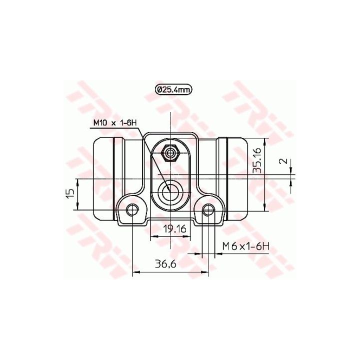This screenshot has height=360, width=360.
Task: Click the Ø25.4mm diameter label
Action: (x=173, y=90)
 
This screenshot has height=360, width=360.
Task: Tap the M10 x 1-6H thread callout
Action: (x=115, y=123)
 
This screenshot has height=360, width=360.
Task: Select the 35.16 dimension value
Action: (x=257, y=160)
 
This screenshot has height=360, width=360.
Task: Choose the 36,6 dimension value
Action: (x=165, y=264)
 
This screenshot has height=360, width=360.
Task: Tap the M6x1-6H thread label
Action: (x=246, y=247)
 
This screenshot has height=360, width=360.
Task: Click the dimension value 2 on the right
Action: (x=284, y=161)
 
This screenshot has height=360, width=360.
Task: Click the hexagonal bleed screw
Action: (x=170, y=153)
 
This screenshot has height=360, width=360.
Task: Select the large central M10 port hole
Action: (x=170, y=190)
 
